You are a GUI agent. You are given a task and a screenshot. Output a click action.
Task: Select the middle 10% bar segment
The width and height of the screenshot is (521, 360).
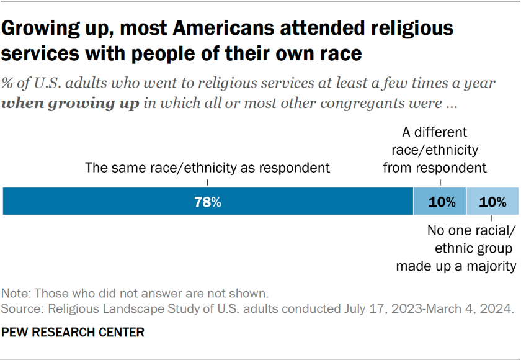click(x=440, y=202)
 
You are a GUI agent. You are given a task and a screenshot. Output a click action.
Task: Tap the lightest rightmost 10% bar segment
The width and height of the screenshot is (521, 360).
click(x=492, y=202)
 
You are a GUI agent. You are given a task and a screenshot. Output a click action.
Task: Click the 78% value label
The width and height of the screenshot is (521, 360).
click(x=208, y=202)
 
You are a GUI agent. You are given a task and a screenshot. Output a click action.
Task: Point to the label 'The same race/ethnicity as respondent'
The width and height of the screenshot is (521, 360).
click(x=207, y=168)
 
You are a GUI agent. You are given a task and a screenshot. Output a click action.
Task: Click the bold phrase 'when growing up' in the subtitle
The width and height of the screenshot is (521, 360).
click(x=71, y=104)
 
